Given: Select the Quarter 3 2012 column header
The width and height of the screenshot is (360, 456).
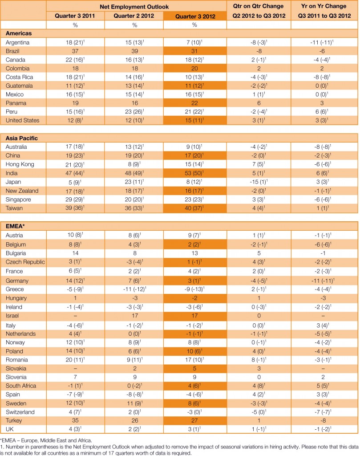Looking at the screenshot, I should (194, 16).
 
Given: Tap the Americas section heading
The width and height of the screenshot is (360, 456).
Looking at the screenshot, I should (19, 33).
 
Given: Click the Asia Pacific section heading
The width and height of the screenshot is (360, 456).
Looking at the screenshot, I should (22, 138).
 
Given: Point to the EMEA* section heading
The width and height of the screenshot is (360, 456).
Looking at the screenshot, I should (17, 226).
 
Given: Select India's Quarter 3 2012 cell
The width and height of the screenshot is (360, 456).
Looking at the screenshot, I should (194, 172).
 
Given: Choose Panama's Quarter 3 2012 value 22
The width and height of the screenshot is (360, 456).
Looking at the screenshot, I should (194, 102).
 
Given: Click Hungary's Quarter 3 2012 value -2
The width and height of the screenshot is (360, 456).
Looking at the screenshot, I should (194, 298).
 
